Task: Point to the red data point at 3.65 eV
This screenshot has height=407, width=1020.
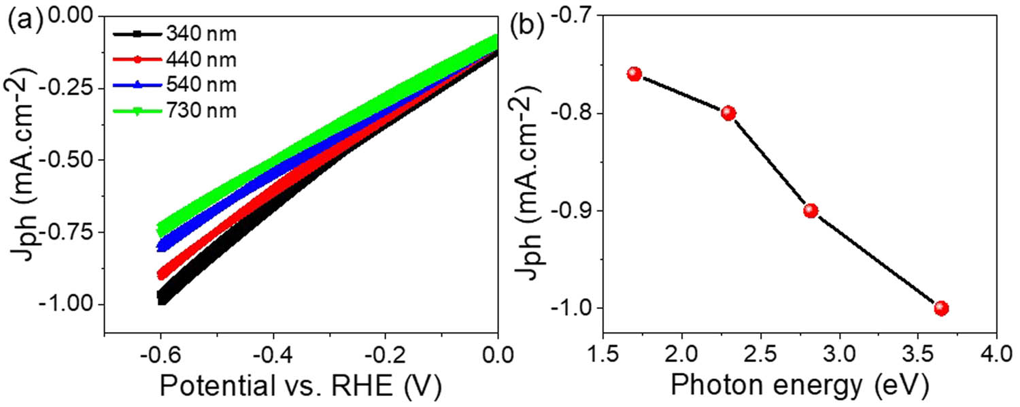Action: (941, 308)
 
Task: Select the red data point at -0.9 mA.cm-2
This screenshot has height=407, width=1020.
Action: (811, 210)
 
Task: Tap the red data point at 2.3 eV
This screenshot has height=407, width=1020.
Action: (728, 113)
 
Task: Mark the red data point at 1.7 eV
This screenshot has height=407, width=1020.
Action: (634, 74)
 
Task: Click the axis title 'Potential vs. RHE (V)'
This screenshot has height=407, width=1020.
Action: (299, 387)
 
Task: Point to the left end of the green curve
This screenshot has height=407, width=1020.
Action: (161, 229)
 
